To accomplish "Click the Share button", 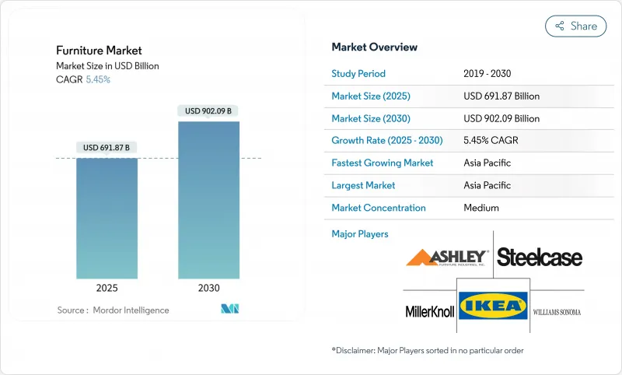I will (576, 26).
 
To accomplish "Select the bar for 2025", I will (107, 218).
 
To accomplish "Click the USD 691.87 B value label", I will (107, 147).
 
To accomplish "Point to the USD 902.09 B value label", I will (208, 111).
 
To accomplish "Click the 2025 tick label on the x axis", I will (107, 288).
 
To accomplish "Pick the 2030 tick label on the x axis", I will (208, 288).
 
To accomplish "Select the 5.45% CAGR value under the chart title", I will (97, 79).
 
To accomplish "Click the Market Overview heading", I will (375, 47).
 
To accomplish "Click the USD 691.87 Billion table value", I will (501, 96).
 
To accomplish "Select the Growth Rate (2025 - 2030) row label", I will (386, 141).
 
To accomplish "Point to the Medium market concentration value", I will (481, 208).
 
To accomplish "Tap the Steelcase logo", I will (539, 257).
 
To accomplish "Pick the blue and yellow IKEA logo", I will (492, 304).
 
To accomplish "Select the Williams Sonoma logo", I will (557, 312).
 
